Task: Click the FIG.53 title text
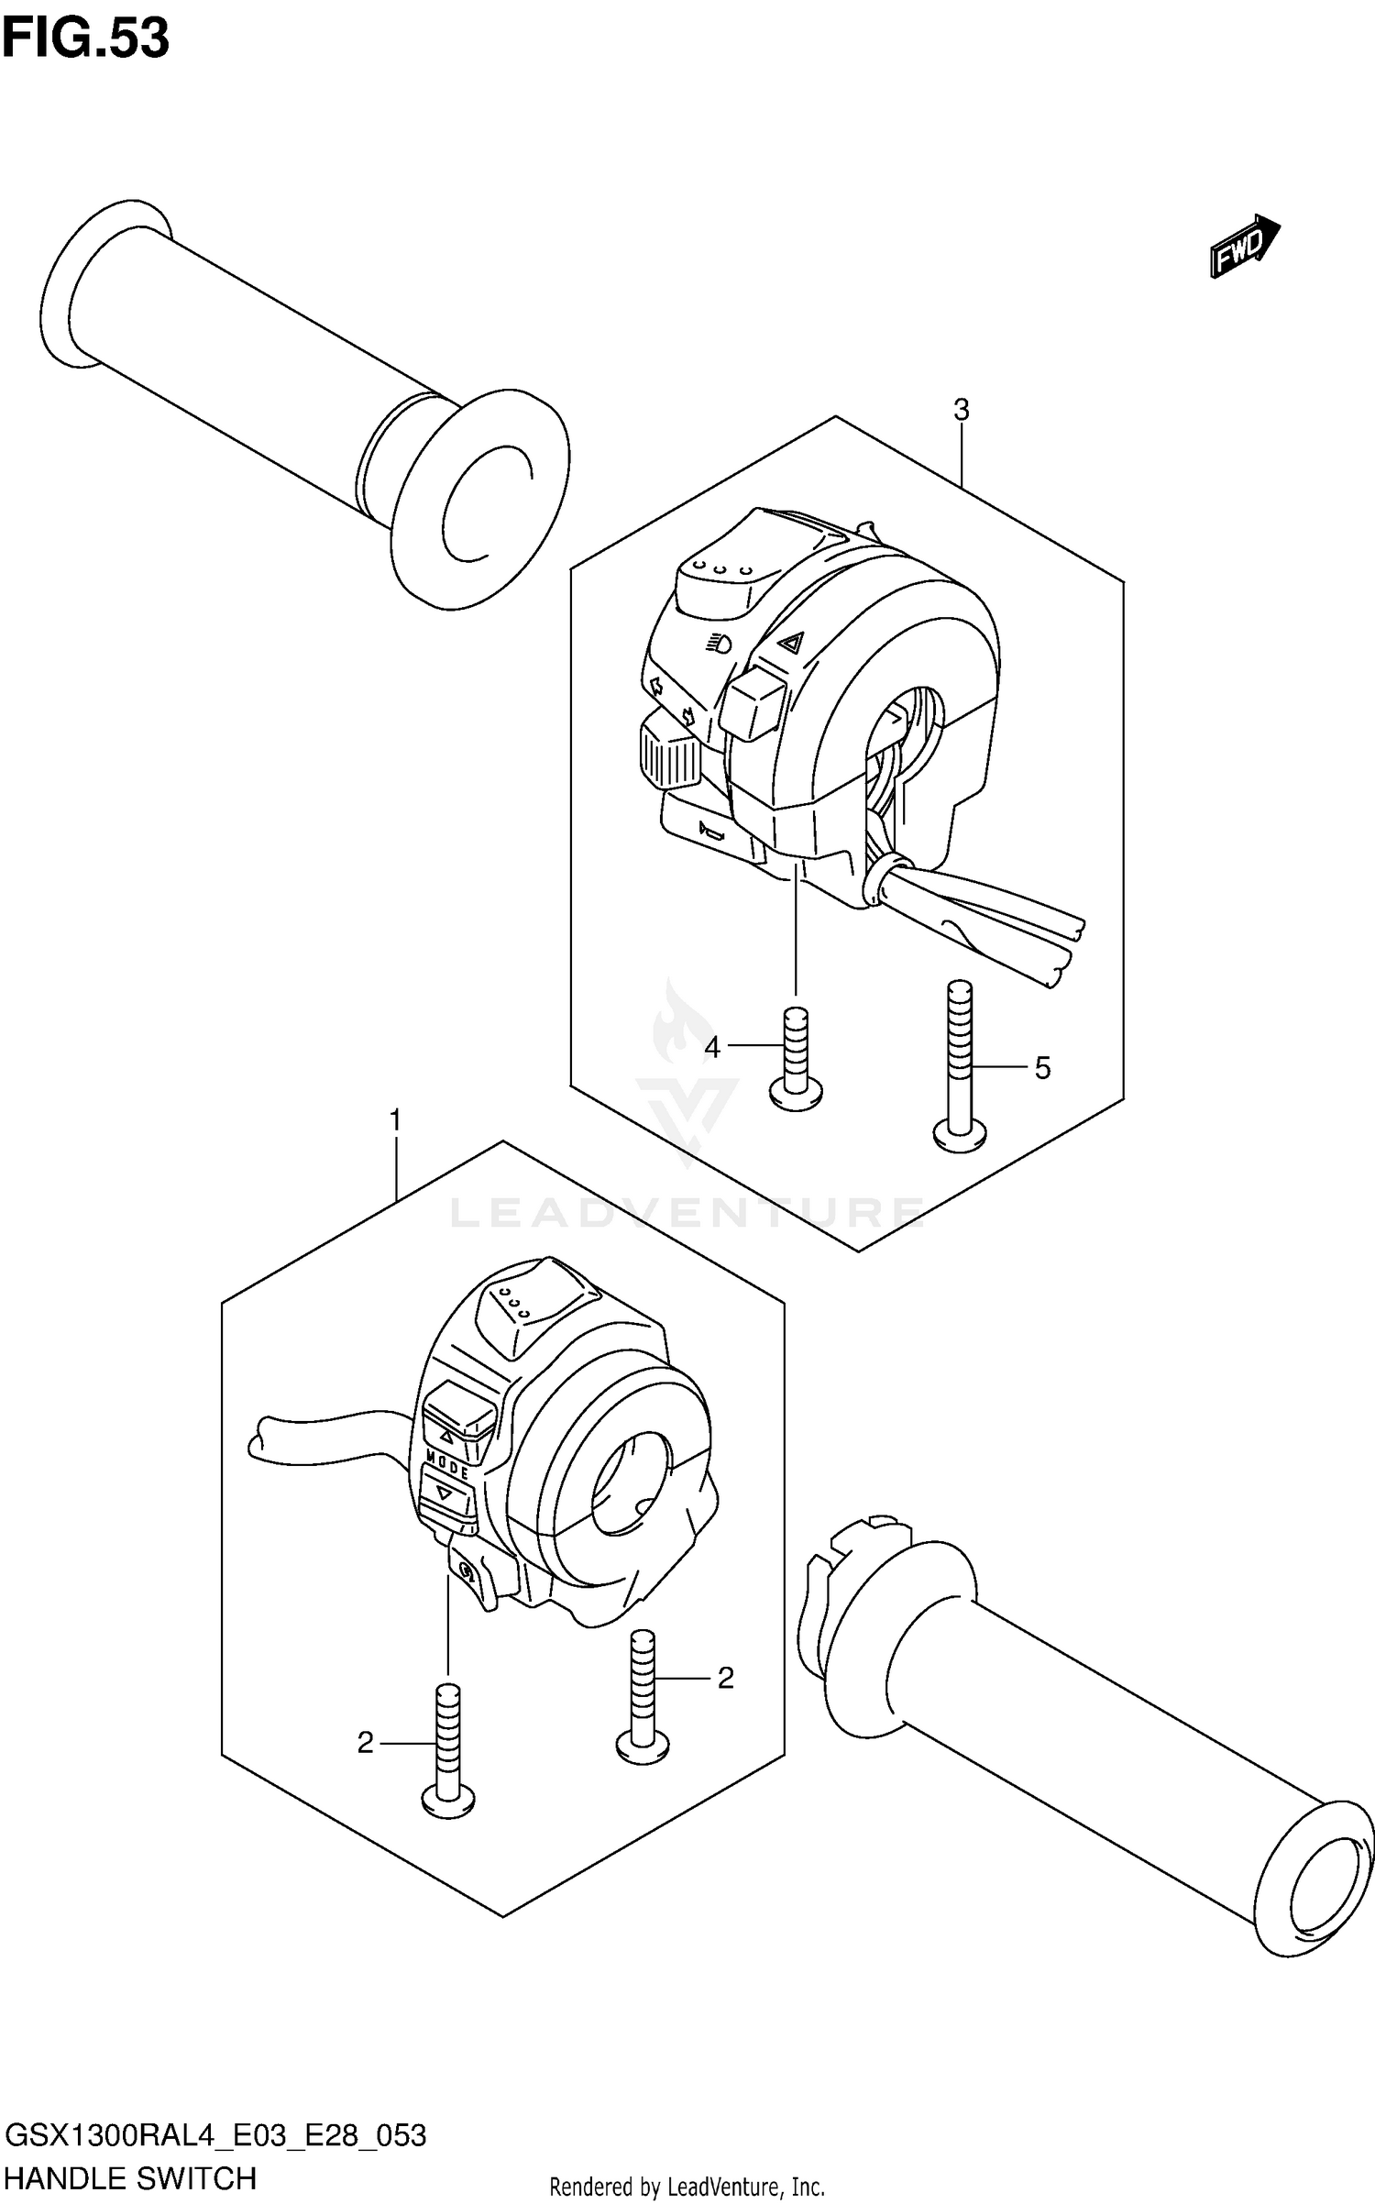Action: click(x=85, y=39)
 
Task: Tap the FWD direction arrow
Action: click(x=1245, y=246)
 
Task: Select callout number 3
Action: click(x=961, y=410)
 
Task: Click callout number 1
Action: click(x=395, y=1120)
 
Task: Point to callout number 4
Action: click(x=712, y=1046)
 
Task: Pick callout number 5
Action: click(x=1042, y=1068)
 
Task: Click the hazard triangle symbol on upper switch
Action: click(x=792, y=643)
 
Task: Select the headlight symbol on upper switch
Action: click(x=719, y=645)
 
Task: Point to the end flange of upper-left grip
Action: click(x=479, y=504)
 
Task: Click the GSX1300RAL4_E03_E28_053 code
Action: click(x=215, y=2135)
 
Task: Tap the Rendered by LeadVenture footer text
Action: click(x=687, y=2187)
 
